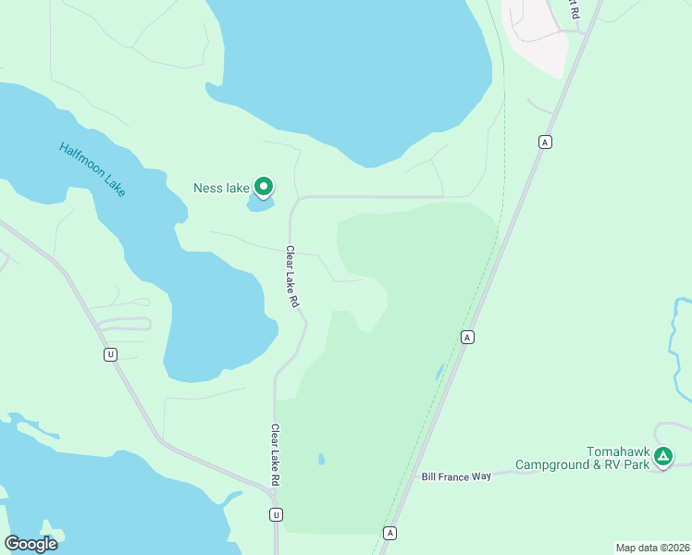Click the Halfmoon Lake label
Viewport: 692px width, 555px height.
(x=92, y=168)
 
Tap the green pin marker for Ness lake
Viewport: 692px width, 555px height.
(x=264, y=188)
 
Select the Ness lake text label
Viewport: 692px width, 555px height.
(x=221, y=188)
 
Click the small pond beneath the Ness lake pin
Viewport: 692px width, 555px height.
(x=260, y=203)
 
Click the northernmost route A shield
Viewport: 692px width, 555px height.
(x=546, y=142)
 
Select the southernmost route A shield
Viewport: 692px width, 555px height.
(x=390, y=533)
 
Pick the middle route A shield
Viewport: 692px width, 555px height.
(x=468, y=338)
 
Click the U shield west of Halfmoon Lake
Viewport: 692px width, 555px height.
(x=110, y=354)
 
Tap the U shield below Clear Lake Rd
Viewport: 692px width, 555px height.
(x=275, y=514)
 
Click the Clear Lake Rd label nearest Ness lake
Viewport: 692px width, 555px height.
(x=292, y=277)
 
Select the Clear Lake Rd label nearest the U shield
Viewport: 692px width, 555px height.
(x=275, y=455)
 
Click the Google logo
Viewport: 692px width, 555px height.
(x=31, y=544)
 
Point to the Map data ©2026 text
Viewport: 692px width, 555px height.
(x=651, y=548)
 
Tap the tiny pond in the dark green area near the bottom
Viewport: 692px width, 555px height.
(x=321, y=459)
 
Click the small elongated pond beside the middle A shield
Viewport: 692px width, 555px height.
(x=439, y=372)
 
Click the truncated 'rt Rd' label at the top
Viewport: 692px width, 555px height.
(x=574, y=9)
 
